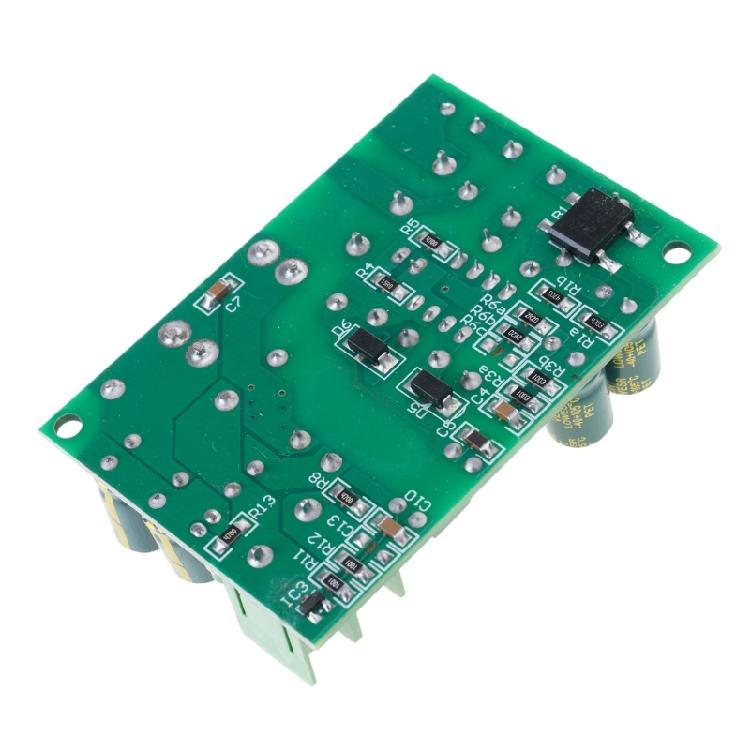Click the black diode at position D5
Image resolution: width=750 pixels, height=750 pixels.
click(x=431, y=386)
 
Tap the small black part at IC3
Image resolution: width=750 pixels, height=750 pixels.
click(x=311, y=602)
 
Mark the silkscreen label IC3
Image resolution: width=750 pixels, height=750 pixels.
click(x=291, y=594)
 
